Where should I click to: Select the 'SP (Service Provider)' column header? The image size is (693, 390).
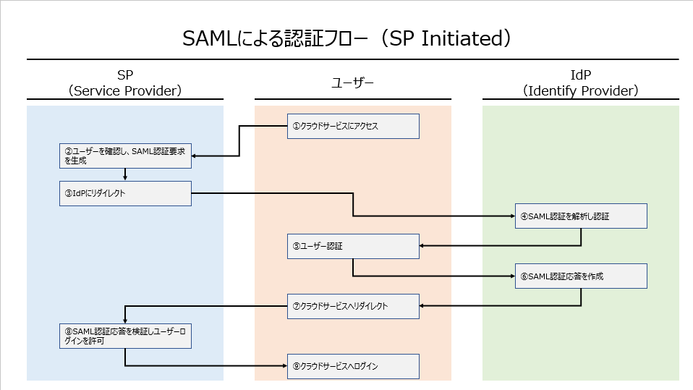click(x=125, y=82)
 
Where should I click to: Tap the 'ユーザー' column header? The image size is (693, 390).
click(x=353, y=82)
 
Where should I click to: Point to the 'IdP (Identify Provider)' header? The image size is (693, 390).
click(x=580, y=82)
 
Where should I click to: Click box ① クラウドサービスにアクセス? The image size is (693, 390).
click(x=353, y=126)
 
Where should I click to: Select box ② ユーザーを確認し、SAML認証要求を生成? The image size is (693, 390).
click(x=126, y=156)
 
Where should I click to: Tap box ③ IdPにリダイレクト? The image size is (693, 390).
click(x=126, y=193)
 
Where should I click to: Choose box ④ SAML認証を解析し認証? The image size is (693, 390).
click(x=581, y=216)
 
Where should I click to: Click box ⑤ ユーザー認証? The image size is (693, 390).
click(x=353, y=246)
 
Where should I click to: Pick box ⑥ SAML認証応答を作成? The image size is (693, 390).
click(x=581, y=276)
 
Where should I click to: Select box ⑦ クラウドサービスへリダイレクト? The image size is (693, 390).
click(x=353, y=306)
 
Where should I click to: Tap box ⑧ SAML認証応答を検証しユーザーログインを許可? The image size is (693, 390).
click(x=126, y=336)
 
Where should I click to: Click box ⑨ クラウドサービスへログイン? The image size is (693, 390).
click(x=353, y=366)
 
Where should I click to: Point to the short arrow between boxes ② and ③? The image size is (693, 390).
click(x=125, y=174)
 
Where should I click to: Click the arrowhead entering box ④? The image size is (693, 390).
click(x=513, y=216)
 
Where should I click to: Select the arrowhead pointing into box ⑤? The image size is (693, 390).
click(x=422, y=245)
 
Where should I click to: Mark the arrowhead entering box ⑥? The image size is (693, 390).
click(x=513, y=276)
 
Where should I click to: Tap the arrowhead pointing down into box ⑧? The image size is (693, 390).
click(x=125, y=321)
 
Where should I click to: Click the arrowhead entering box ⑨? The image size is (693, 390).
click(x=284, y=365)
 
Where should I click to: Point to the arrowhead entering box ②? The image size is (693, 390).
click(x=194, y=156)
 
